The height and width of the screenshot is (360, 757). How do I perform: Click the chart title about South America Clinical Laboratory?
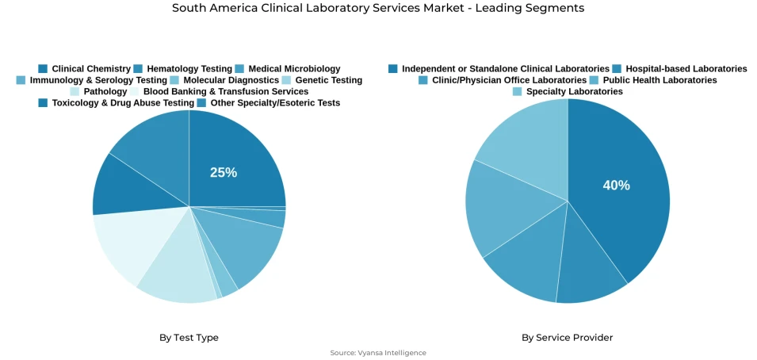378,9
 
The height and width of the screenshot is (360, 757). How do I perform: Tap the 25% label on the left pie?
224,173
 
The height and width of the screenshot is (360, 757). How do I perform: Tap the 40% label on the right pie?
616,186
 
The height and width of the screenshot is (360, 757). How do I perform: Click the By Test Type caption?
189,338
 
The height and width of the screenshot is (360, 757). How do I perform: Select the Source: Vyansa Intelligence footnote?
378,353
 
